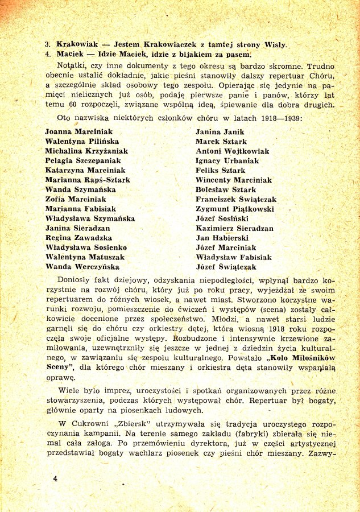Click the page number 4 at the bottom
tap(55, 478)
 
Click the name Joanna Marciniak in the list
tap(78, 131)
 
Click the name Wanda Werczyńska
tap(82, 267)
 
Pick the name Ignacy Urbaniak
tap(227, 160)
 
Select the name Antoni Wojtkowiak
tap(232, 151)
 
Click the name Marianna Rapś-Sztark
tap(88, 180)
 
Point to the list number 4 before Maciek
tap(48, 55)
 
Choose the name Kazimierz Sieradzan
tap(234, 228)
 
